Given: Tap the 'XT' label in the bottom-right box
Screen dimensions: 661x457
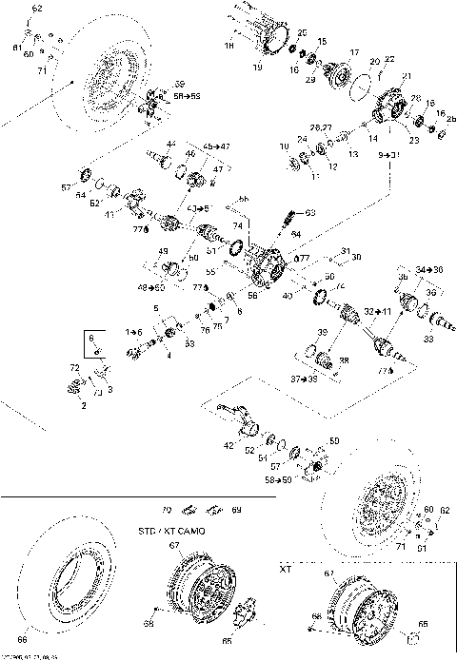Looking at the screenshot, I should click(x=284, y=568).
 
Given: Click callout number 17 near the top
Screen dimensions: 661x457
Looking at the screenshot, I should click(x=353, y=52).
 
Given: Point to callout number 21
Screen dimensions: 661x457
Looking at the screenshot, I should click(x=409, y=76).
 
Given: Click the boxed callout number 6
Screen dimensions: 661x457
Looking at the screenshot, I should click(x=91, y=338).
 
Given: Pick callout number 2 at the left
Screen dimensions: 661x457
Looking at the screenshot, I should click(x=83, y=405).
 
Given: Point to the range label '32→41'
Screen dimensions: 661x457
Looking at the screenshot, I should click(x=376, y=311).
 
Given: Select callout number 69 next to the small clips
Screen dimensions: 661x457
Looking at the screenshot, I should click(x=236, y=511).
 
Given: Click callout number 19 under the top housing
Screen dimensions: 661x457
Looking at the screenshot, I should click(x=257, y=68).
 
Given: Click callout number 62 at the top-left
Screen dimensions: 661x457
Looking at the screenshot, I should click(x=37, y=9).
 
